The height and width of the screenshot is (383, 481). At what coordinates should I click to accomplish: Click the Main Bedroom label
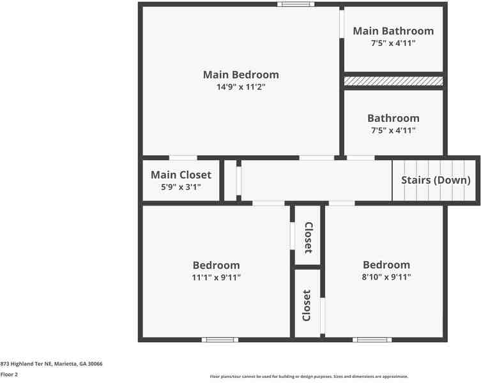(x=241, y=75)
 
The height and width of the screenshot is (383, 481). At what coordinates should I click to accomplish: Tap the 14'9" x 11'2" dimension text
(x=241, y=87)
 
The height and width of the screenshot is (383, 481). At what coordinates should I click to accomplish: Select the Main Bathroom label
(x=393, y=31)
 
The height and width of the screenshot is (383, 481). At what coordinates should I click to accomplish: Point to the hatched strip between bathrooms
(x=393, y=81)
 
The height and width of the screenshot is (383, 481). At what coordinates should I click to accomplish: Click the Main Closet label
(x=181, y=175)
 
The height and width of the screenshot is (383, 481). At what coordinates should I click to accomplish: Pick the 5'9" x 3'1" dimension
(x=181, y=187)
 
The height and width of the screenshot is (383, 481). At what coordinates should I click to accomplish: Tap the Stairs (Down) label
(x=436, y=180)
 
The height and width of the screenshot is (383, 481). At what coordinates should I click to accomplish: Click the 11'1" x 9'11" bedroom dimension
(x=217, y=277)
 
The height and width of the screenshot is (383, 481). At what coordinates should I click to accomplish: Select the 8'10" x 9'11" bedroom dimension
(x=386, y=277)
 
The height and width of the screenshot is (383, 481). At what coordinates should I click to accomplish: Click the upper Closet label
(x=308, y=237)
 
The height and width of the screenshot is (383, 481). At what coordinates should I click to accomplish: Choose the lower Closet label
(x=307, y=305)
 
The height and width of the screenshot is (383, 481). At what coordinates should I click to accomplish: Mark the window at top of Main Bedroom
(x=296, y=4)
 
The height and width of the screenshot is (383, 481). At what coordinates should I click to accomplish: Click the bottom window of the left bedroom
(x=220, y=340)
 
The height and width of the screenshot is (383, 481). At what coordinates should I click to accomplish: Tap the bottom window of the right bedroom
(x=372, y=340)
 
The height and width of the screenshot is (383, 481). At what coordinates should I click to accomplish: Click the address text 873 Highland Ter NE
(x=51, y=364)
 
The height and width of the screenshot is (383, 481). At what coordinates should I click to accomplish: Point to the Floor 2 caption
(x=9, y=375)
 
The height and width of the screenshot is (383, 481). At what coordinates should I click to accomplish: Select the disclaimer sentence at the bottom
(x=309, y=377)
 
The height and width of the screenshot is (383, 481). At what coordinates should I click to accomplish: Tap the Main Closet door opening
(x=183, y=158)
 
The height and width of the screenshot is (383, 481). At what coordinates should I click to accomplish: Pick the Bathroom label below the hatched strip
(x=393, y=118)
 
